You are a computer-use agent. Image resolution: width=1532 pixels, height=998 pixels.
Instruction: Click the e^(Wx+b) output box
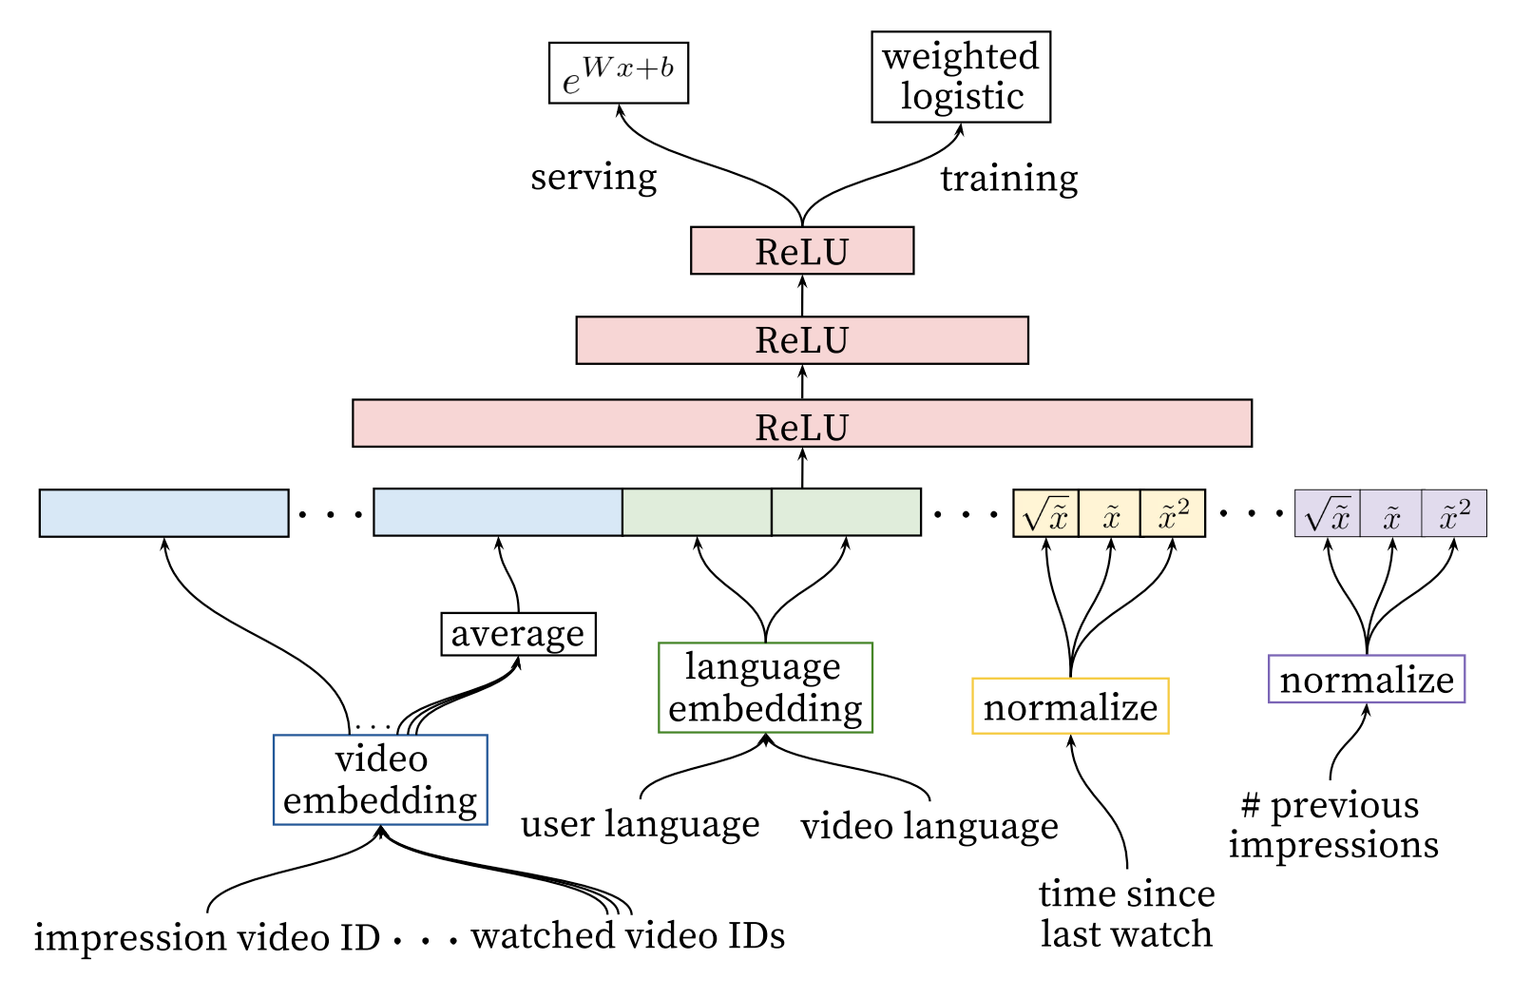pyautogui.click(x=619, y=73)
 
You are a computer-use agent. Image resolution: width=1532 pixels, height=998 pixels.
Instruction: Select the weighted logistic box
pyautogui.click(x=961, y=77)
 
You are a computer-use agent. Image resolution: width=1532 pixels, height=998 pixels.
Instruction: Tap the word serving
pyautogui.click(x=594, y=178)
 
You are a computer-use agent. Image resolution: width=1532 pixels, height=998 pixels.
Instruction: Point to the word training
pyautogui.click(x=1008, y=180)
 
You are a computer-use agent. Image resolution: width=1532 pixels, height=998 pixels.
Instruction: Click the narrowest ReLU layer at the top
pyautogui.click(x=802, y=250)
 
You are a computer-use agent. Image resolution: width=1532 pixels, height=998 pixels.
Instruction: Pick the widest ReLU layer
pyautogui.click(x=802, y=423)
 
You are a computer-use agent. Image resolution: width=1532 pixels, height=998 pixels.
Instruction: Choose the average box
pyautogui.click(x=518, y=634)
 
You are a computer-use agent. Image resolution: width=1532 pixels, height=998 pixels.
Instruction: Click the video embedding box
pyautogui.click(x=380, y=779)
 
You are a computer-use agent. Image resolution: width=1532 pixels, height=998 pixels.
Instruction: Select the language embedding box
pyautogui.click(x=765, y=687)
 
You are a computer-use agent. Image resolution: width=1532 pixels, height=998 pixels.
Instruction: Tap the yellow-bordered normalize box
pyautogui.click(x=1070, y=706)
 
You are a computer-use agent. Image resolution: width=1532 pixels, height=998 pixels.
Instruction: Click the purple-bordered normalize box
pyautogui.click(x=1367, y=680)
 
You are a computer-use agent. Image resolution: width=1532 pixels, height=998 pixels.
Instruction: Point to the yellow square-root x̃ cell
pyautogui.click(x=1045, y=513)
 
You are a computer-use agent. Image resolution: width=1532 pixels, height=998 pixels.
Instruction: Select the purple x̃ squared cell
pyautogui.click(x=1454, y=513)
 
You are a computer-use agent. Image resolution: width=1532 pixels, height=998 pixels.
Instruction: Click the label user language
pyautogui.click(x=641, y=824)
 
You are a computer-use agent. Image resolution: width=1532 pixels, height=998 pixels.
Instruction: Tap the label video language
pyautogui.click(x=929, y=826)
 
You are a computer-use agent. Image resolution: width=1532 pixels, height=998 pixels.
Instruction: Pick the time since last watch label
pyautogui.click(x=1126, y=913)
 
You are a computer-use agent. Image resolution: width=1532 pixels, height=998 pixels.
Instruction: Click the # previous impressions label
pyautogui.click(x=1332, y=826)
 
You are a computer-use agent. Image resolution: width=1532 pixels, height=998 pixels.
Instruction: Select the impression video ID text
pyautogui.click(x=207, y=937)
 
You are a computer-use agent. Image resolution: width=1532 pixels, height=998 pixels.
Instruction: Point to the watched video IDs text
pyautogui.click(x=628, y=936)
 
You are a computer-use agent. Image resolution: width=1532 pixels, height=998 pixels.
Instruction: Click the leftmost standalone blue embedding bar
pyautogui.click(x=164, y=513)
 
